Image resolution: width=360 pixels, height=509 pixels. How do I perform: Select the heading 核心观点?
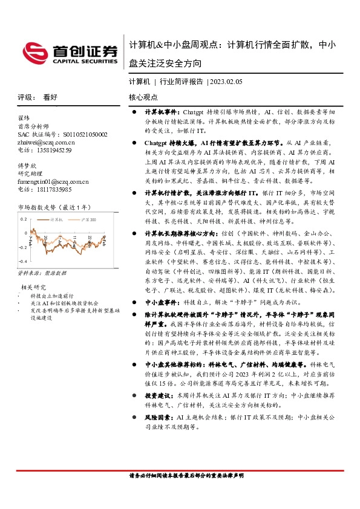(x=143, y=97)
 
